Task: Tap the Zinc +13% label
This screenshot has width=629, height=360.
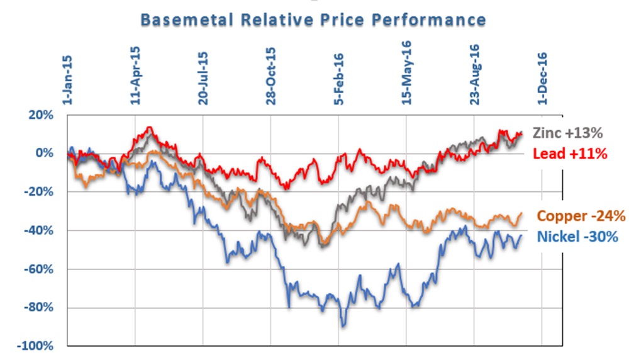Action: coord(568,133)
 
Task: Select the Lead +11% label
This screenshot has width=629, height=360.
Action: coord(569,153)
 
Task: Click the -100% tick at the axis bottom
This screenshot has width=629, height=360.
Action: coord(37,346)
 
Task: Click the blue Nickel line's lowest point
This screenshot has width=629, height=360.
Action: coord(343,326)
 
